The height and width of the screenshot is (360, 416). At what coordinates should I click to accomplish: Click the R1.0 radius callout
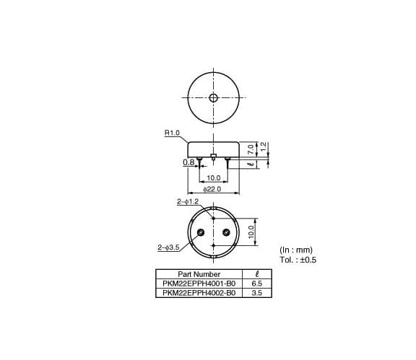point(172,133)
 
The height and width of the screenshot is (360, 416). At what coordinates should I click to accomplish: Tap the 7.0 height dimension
point(251,149)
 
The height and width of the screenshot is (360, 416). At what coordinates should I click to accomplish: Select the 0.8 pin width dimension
point(188,162)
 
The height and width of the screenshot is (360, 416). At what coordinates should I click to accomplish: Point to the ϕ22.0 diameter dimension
point(212,189)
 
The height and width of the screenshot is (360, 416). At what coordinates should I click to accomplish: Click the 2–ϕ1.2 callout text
point(188,202)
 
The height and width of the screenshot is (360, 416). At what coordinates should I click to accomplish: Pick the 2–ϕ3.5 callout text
point(169,247)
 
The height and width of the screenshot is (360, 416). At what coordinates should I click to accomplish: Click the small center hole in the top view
point(213,98)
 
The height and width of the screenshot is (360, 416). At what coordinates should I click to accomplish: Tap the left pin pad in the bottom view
point(201,232)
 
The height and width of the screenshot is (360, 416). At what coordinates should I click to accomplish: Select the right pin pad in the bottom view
point(226,232)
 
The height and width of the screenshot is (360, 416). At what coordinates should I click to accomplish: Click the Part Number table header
point(199,274)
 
